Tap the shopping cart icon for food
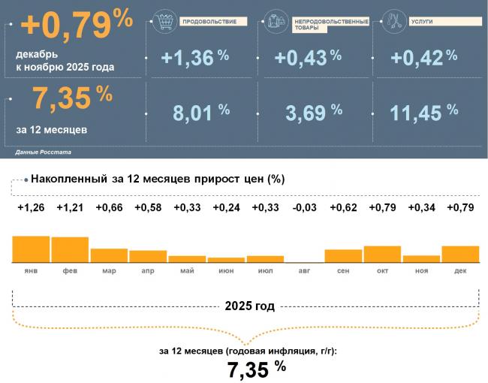(x=162, y=21)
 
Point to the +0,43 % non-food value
(x=308, y=57)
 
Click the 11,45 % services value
(x=423, y=113)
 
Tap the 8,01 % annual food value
(x=201, y=113)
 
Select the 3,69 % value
(x=314, y=113)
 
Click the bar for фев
(x=70, y=250)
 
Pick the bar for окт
(x=382, y=255)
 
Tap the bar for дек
(x=460, y=255)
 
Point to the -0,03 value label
(x=304, y=208)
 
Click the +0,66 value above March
(x=109, y=208)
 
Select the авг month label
(x=304, y=270)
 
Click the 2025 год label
(x=249, y=306)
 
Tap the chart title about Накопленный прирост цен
(x=158, y=179)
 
